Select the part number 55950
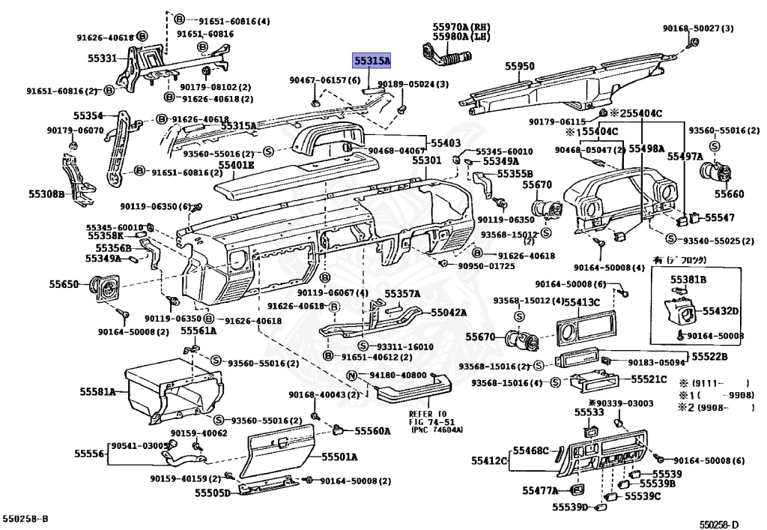click(x=519, y=67)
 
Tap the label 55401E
click(x=237, y=165)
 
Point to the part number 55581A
click(x=98, y=391)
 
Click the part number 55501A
click(x=339, y=457)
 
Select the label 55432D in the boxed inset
click(x=721, y=310)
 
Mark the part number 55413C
click(x=582, y=302)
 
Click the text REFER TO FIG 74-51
click(x=427, y=421)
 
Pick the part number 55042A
click(x=448, y=313)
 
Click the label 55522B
click(x=709, y=356)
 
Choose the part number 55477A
click(x=540, y=491)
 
